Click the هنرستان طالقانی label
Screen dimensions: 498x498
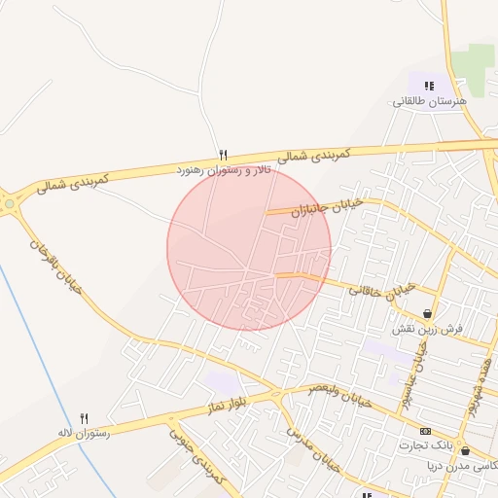click(430, 101)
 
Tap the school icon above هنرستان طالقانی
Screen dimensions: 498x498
click(429, 87)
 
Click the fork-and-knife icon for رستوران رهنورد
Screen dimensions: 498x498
click(224, 155)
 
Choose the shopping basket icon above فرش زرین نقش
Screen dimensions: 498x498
click(427, 313)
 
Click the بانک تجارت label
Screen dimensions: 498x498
click(425, 445)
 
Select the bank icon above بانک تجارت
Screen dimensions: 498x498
click(425, 431)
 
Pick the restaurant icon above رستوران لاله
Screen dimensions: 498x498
click(85, 418)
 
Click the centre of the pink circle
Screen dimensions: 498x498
click(249, 248)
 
